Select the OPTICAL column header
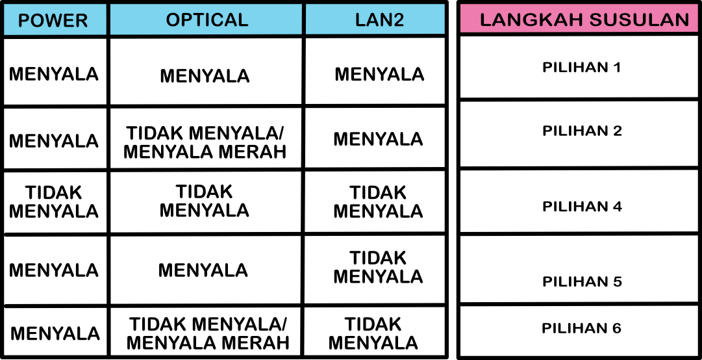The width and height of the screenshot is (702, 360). click(207, 19)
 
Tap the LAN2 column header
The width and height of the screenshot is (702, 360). click(380, 19)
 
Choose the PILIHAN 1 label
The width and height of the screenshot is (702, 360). click(582, 68)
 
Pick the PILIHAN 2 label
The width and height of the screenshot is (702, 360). click(582, 131)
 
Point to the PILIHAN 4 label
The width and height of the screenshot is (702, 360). click(582, 207)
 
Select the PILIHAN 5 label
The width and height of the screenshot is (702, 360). click(582, 281)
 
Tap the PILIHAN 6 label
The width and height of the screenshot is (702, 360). click(582, 328)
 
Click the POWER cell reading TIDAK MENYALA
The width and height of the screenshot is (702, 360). click(54, 201)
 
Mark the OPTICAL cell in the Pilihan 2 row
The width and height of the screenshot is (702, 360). click(205, 142)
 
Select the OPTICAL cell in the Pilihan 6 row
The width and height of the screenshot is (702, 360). click(208, 333)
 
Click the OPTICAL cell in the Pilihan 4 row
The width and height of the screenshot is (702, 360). click(204, 201)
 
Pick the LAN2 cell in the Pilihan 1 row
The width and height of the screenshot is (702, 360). click(379, 74)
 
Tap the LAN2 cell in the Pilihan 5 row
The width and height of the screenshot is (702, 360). click(379, 267)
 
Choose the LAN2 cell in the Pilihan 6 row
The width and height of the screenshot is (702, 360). click(373, 333)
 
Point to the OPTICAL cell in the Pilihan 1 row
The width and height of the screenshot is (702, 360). click(205, 75)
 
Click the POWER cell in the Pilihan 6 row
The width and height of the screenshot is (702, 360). click(55, 333)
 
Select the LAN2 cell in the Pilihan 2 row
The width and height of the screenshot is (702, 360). click(379, 139)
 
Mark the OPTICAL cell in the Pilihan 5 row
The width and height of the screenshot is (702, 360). click(203, 270)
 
